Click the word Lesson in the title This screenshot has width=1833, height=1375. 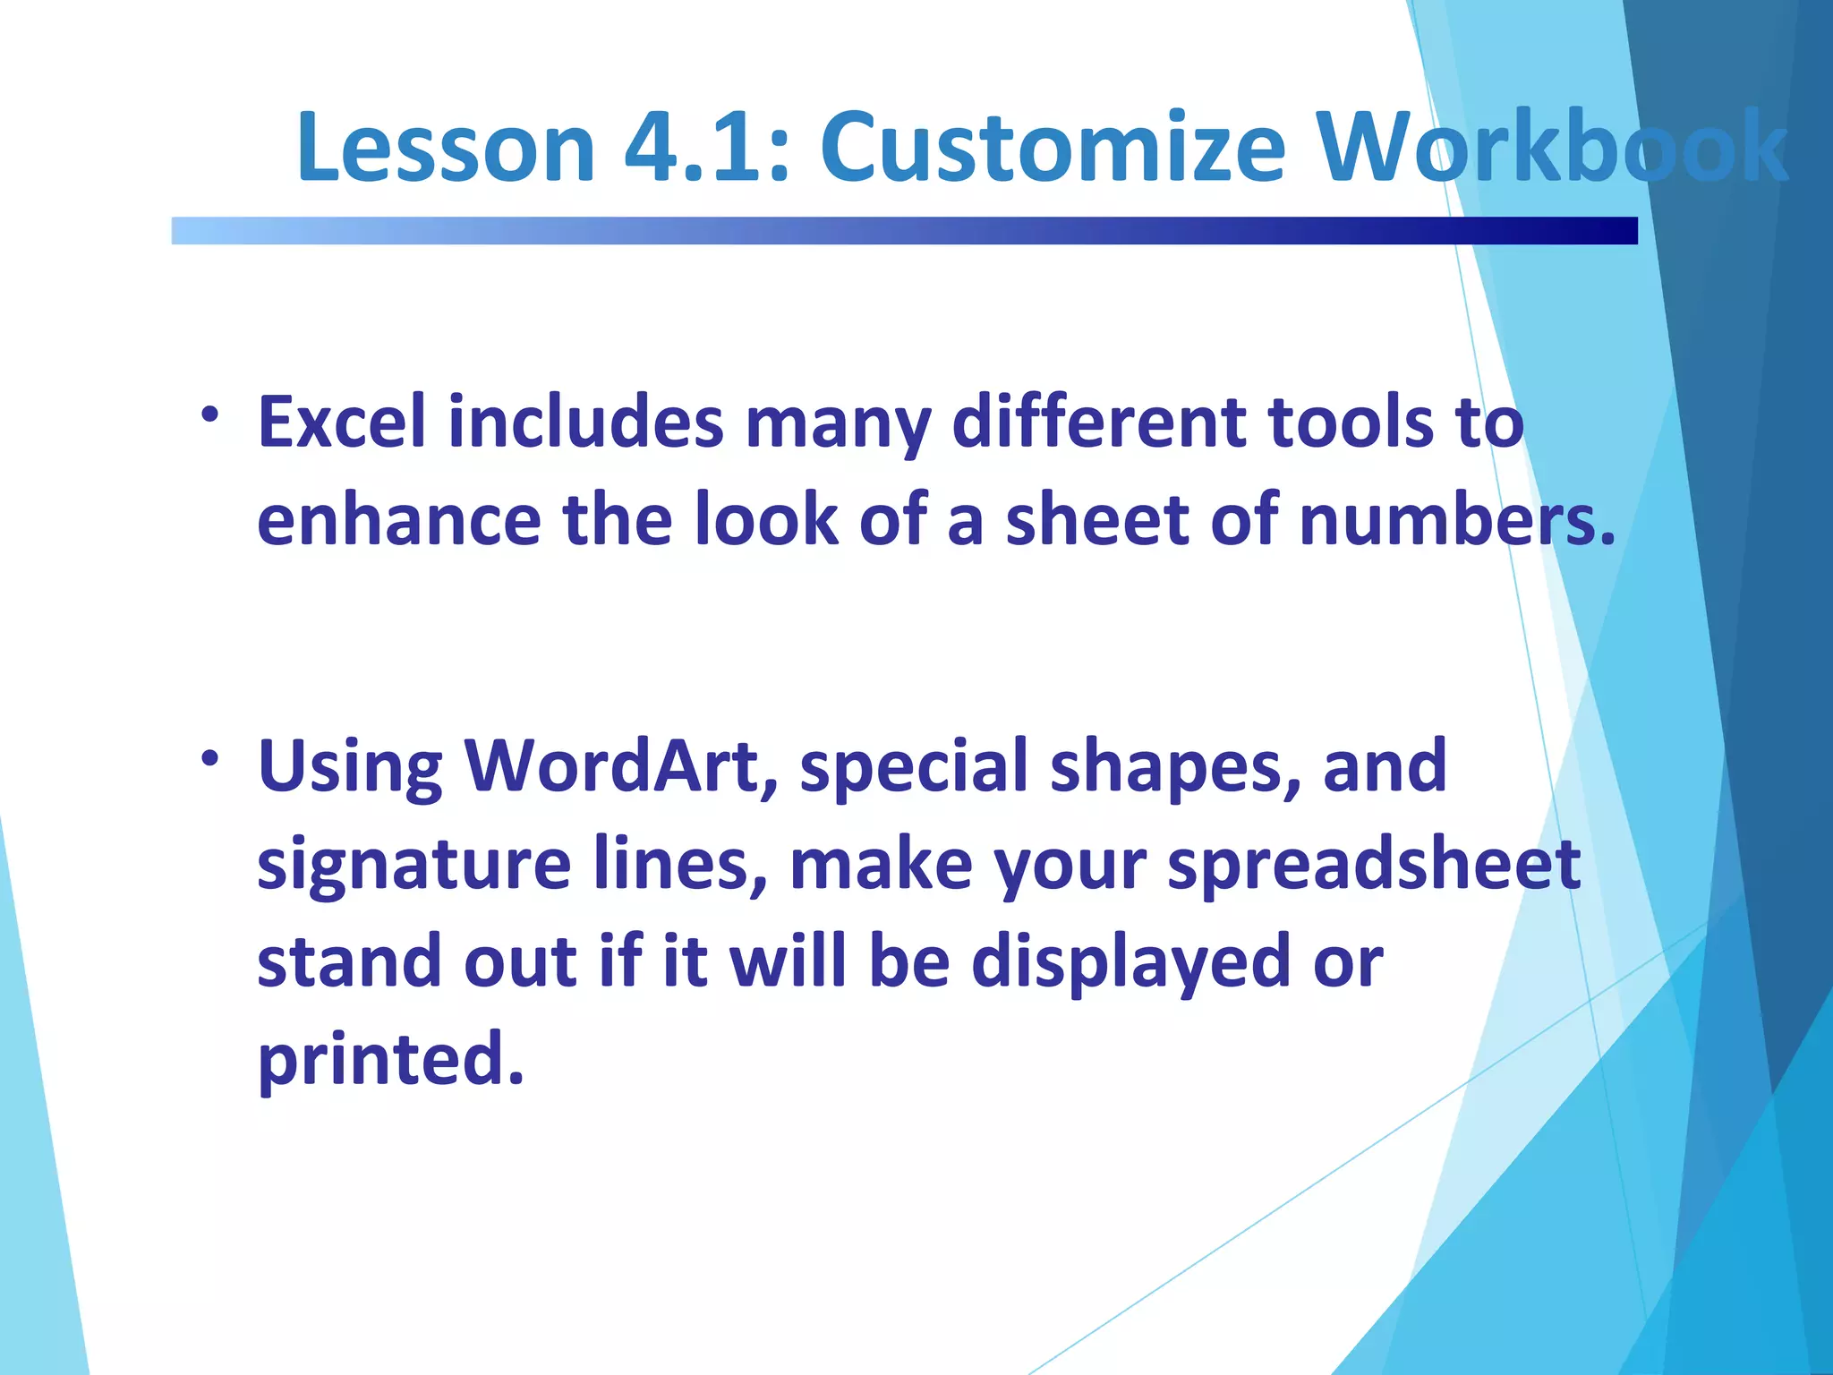[445, 148]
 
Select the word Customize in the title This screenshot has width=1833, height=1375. [1053, 148]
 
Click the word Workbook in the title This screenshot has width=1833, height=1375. [1554, 148]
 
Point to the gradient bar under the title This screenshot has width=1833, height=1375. [904, 231]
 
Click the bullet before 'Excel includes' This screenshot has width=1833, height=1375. [210, 415]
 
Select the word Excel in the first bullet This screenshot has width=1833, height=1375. [342, 423]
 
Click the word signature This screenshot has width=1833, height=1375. [413, 865]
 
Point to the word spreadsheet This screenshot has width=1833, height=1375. [1374, 865]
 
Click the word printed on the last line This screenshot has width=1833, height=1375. [389, 1060]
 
